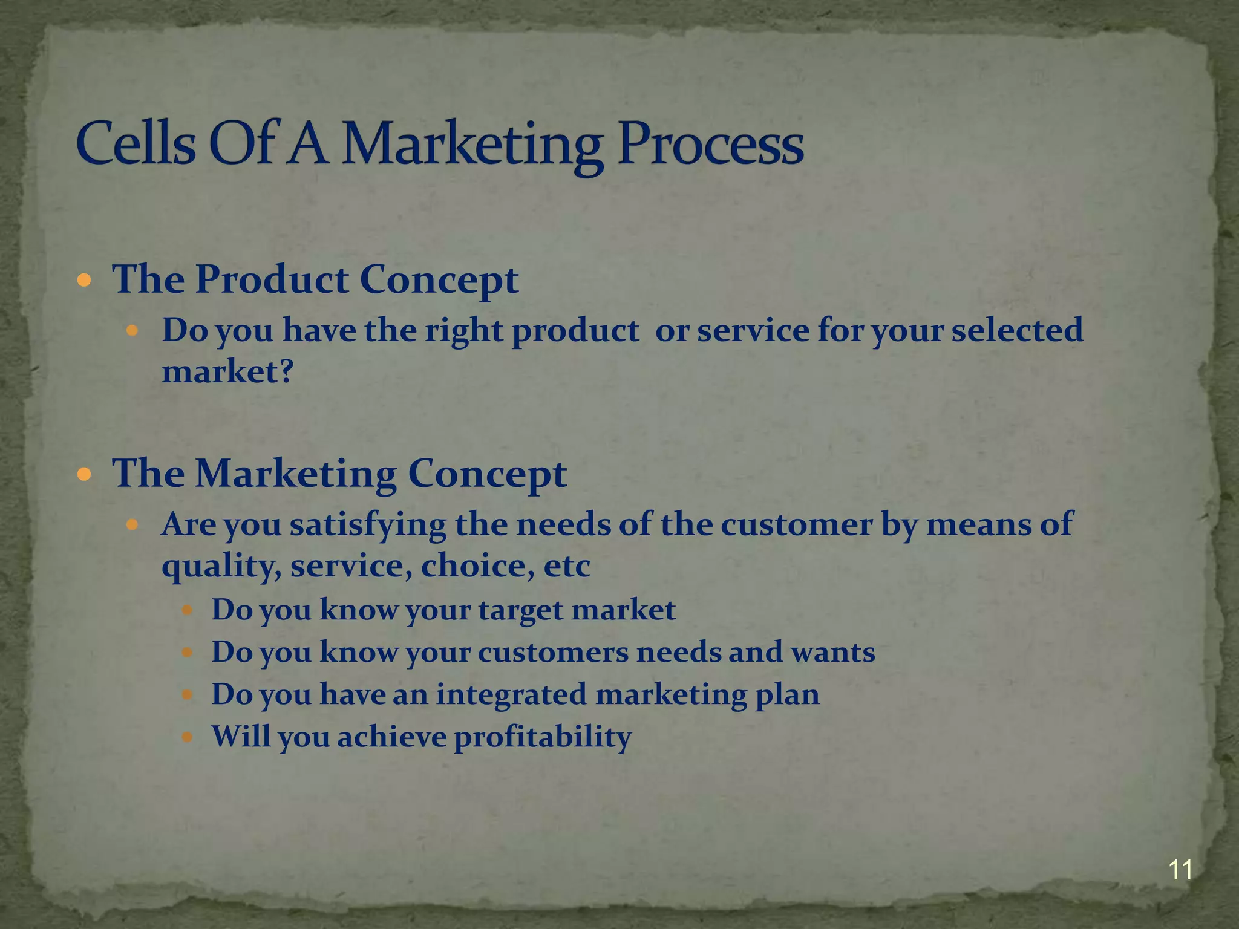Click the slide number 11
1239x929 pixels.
tap(1180, 870)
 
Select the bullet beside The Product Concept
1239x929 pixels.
tap(85, 281)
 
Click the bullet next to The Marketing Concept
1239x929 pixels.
tap(85, 474)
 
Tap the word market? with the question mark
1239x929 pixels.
tap(227, 371)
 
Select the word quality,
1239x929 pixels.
tap(221, 566)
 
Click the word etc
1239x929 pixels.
tap(567, 566)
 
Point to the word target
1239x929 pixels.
tap(521, 610)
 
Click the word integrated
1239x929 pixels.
tap(511, 694)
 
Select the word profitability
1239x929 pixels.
tap(543, 737)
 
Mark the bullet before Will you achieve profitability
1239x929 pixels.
tap(188, 737)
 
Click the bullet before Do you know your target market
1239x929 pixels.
tap(188, 610)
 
